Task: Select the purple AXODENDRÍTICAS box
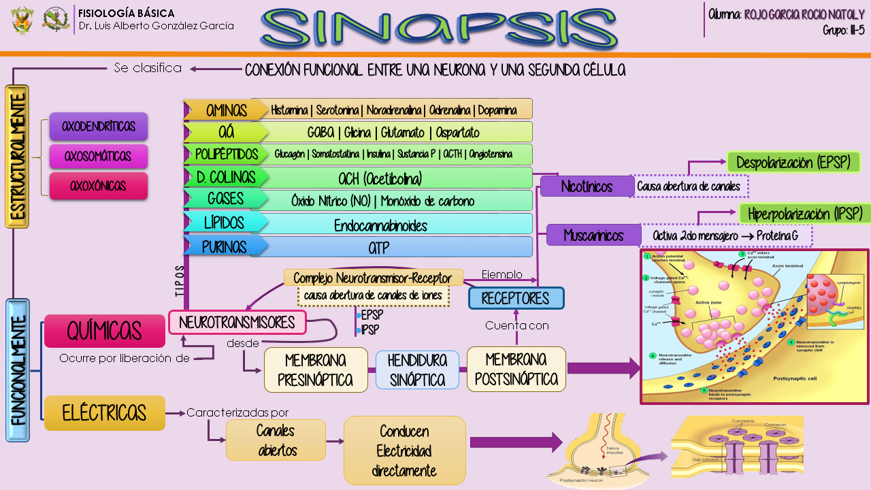(99, 127)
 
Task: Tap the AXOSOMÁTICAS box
(99, 156)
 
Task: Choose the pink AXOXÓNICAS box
(99, 186)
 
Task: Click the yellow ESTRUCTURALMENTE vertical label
(17, 157)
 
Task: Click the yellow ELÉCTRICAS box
(104, 412)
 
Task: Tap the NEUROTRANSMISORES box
(237, 322)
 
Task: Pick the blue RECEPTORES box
(516, 298)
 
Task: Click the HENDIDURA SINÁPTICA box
(418, 370)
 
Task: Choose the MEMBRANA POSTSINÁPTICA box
(516, 369)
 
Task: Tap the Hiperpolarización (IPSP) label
(805, 213)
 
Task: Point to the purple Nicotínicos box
(587, 186)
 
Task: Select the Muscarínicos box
(594, 235)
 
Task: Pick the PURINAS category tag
(225, 246)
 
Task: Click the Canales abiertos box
(276, 440)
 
